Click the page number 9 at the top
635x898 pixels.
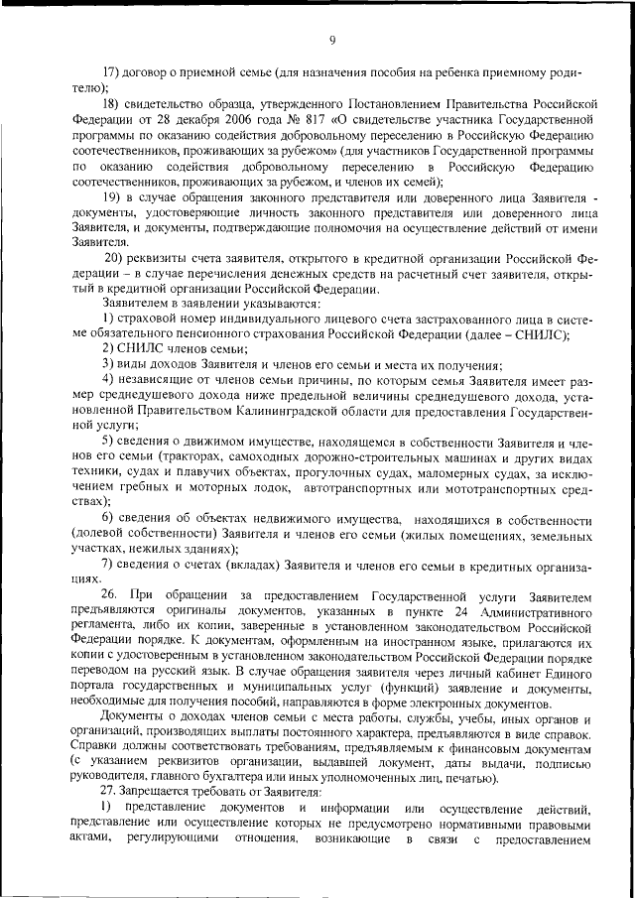click(332, 40)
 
